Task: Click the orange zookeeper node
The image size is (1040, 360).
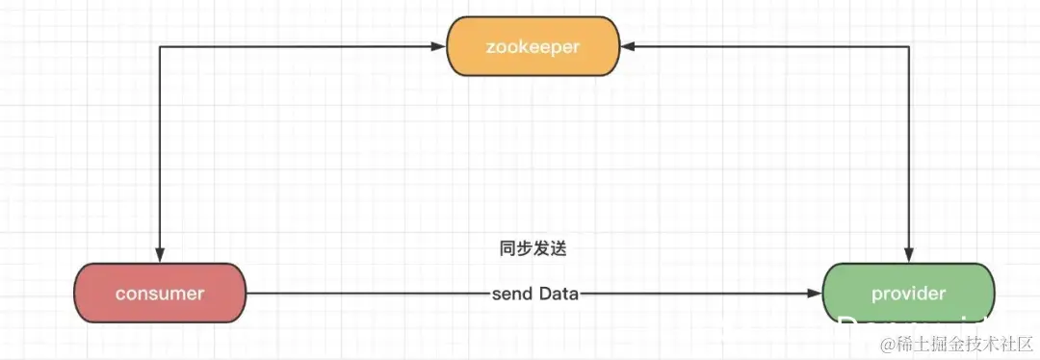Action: [531, 46]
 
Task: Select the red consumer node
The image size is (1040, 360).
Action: [159, 293]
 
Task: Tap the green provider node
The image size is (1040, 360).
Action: [907, 293]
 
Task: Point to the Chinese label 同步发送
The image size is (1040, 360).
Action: [533, 248]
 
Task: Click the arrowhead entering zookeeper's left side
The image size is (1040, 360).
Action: [441, 45]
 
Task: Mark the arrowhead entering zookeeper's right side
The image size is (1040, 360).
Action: [623, 45]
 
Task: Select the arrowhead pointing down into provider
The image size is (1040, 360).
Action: [908, 256]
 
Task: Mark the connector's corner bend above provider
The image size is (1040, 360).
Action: [908, 45]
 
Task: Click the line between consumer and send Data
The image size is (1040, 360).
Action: [366, 294]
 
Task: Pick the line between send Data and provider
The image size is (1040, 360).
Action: [693, 294]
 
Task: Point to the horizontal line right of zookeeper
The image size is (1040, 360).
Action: [770, 45]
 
